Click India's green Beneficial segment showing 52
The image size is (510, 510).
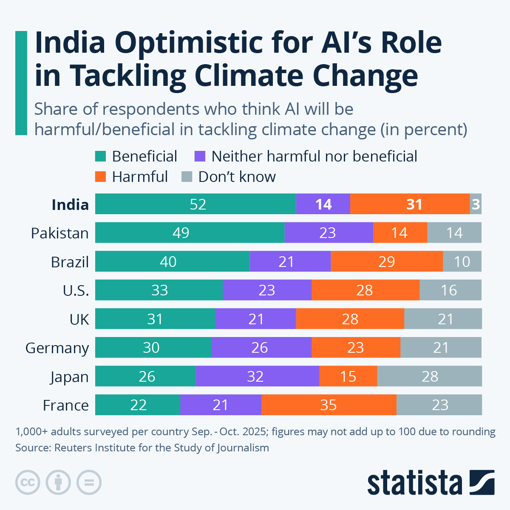(x=195, y=204)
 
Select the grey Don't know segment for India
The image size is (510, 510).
(x=476, y=204)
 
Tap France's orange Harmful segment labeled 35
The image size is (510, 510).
(x=329, y=405)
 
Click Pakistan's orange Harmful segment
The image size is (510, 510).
(x=400, y=233)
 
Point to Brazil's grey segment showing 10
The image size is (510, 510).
(x=462, y=261)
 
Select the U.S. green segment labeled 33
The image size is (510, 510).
(x=159, y=290)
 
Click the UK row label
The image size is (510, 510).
(x=79, y=319)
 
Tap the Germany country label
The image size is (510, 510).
(x=57, y=348)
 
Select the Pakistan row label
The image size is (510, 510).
(x=59, y=233)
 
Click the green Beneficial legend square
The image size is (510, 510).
(x=100, y=156)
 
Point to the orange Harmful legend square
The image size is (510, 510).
(x=100, y=177)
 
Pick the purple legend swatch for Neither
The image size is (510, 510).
(x=200, y=156)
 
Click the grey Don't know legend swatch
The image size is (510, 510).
(x=187, y=177)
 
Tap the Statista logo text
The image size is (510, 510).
(x=414, y=482)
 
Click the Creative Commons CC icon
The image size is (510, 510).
(x=28, y=482)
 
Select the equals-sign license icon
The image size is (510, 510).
(x=89, y=482)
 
